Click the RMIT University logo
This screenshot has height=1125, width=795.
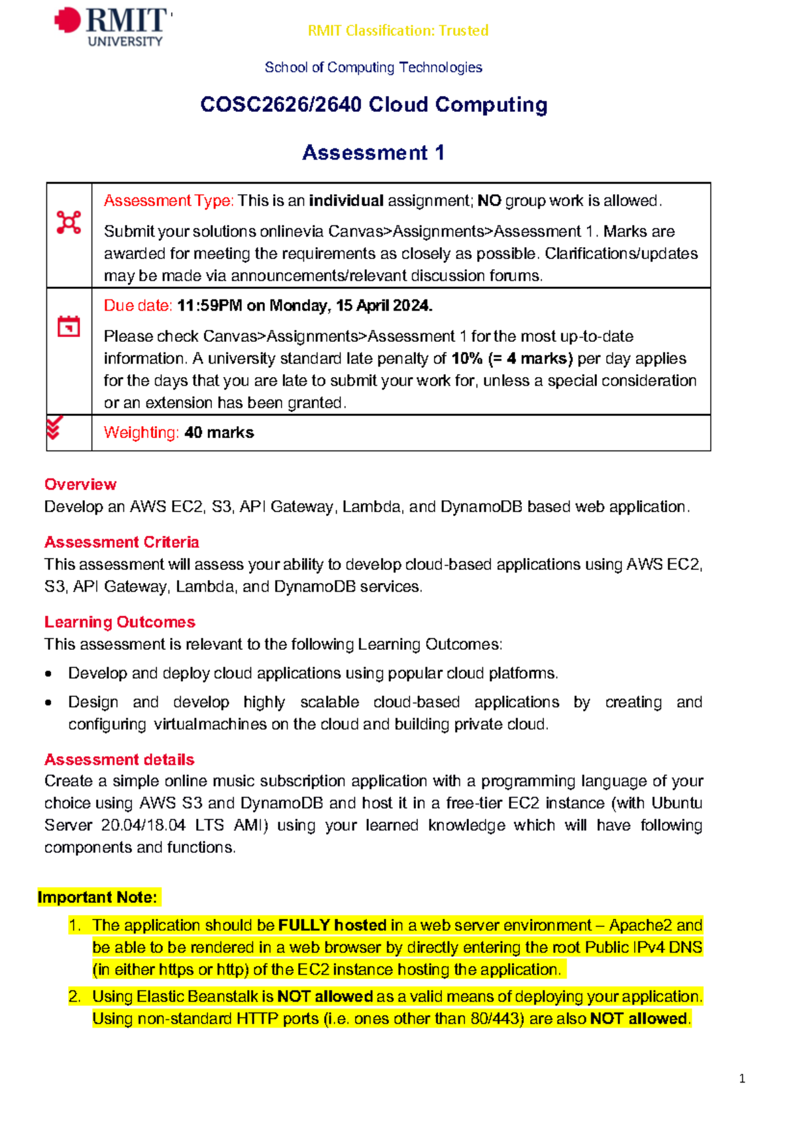[113, 27]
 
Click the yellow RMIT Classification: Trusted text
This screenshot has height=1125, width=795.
[398, 30]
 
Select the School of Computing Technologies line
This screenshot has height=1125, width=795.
[373, 68]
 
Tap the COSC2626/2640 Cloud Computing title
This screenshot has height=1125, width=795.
[374, 105]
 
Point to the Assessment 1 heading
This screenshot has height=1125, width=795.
[373, 153]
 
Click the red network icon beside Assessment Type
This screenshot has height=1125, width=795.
[69, 222]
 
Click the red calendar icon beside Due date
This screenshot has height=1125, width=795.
[69, 326]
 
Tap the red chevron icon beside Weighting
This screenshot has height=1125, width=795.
[54, 428]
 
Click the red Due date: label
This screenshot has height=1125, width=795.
[138, 305]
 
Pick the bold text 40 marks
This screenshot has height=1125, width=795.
[219, 433]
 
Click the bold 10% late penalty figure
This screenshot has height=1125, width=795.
[467, 358]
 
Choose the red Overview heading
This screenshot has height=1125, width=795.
[80, 484]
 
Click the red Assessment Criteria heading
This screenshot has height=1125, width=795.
[121, 542]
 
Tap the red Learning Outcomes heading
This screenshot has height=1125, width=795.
[119, 622]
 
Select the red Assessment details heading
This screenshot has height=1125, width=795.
[119, 759]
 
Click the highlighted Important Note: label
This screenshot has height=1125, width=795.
[97, 897]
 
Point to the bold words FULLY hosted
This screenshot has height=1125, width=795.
[332, 925]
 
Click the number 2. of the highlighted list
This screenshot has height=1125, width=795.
[74, 996]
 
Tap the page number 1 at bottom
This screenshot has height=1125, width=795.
[742, 1079]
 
